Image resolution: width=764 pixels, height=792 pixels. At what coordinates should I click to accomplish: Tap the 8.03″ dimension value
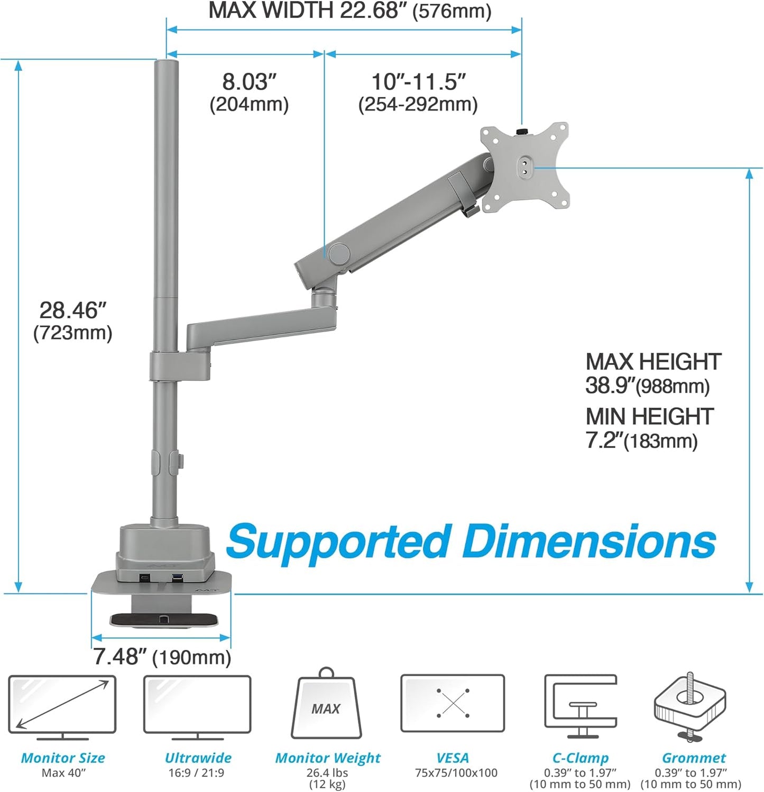tap(249, 82)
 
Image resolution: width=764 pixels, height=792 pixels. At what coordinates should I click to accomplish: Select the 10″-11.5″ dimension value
tap(418, 82)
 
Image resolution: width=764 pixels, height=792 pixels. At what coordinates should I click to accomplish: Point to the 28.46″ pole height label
tap(73, 310)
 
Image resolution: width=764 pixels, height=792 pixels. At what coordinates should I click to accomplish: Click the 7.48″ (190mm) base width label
tap(162, 657)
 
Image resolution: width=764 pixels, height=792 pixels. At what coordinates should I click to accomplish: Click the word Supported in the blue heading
tap(339, 542)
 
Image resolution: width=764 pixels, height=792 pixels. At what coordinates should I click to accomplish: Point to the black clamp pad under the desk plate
tap(163, 619)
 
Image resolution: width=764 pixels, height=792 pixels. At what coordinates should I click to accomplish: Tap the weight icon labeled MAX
tap(326, 705)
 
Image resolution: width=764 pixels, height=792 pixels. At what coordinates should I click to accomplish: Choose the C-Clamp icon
tap(581, 705)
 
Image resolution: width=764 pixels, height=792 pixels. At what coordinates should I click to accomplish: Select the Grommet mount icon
tap(689, 706)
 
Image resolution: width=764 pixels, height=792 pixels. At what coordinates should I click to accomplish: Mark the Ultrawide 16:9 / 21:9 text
tap(196, 772)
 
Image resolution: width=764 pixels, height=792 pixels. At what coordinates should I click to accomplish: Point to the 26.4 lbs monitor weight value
tap(327, 772)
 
